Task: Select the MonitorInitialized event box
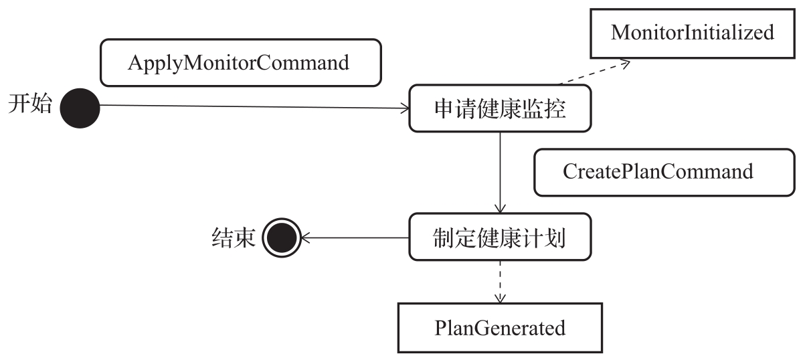coord(692,32)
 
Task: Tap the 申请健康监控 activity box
coord(500,108)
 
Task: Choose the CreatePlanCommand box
coord(658,171)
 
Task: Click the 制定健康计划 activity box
coord(500,237)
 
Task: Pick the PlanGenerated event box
coord(500,328)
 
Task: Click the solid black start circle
coord(80,107)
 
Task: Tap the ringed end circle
coord(280,237)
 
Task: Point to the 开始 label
coord(30,104)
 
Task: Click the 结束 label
coord(234,238)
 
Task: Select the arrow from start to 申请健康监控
coord(254,107)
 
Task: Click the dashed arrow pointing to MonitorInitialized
coord(592,73)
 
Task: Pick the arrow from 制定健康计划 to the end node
coord(355,237)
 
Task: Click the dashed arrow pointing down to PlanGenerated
coord(500,281)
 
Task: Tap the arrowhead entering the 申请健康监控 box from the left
coord(404,108)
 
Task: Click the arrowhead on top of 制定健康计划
coord(500,208)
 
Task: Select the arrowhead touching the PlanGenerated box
coord(500,298)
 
